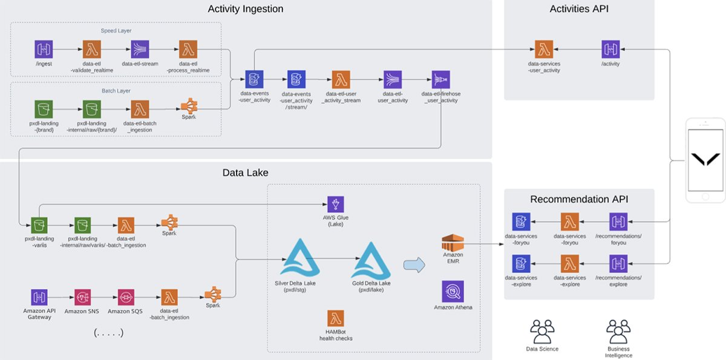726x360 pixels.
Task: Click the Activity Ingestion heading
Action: tap(245, 9)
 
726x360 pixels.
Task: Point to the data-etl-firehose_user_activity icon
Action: tap(441, 80)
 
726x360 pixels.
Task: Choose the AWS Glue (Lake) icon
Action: tap(336, 205)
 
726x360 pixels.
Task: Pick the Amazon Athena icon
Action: tap(453, 291)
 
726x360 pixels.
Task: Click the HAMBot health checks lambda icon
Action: tap(336, 319)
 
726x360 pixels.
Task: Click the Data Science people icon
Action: tap(542, 332)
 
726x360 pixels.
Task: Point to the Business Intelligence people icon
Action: tap(618, 332)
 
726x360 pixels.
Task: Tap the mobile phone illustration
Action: tap(706, 160)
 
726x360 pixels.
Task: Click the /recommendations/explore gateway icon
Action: tap(618, 264)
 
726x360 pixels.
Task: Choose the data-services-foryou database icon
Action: tap(521, 222)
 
